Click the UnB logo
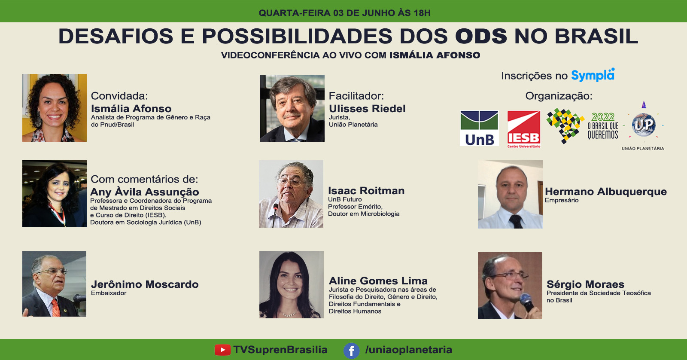(479, 128)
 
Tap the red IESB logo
(524, 129)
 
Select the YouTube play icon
(222, 350)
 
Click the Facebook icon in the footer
(352, 351)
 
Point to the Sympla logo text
(593, 75)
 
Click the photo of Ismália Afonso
(54, 108)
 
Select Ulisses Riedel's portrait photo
(292, 108)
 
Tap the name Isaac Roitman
(366, 191)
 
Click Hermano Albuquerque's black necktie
(516, 221)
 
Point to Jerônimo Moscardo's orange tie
(55, 308)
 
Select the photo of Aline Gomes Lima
(292, 284)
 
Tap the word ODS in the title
(481, 36)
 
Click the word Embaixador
(109, 293)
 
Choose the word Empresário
(562, 201)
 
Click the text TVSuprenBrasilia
(280, 350)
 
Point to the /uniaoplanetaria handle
(408, 350)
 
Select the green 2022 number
(603, 116)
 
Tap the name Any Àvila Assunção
(144, 192)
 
